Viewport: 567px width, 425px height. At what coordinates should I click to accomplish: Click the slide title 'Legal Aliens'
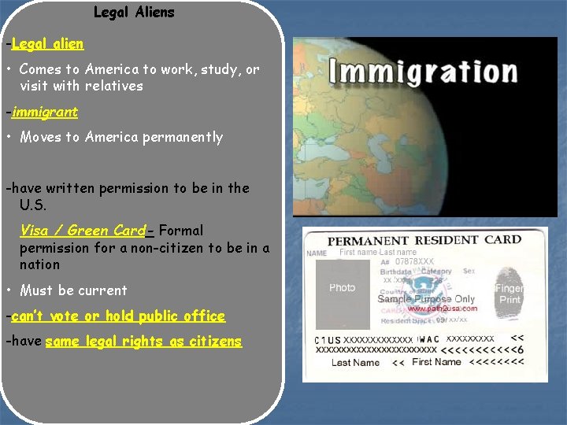point(134,13)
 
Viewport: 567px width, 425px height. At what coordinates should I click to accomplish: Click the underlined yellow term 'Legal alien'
point(48,43)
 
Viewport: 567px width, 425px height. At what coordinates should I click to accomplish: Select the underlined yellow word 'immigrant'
point(45,112)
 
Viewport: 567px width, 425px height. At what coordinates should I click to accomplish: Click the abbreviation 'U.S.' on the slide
point(33,205)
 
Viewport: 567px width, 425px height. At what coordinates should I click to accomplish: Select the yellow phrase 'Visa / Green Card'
point(83,231)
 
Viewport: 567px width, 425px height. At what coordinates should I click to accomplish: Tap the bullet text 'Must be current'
point(73,290)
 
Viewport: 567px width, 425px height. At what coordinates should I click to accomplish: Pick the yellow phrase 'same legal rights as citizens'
point(143,342)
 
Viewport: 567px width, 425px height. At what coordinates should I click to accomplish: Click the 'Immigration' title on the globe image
point(424,72)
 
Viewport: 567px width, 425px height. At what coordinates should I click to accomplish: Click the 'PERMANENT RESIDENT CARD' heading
point(424,240)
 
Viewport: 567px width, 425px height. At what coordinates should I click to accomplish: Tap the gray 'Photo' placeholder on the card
point(343,288)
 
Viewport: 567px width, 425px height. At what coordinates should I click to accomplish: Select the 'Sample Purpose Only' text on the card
point(426,299)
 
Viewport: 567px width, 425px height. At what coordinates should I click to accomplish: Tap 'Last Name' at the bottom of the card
point(355,363)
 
